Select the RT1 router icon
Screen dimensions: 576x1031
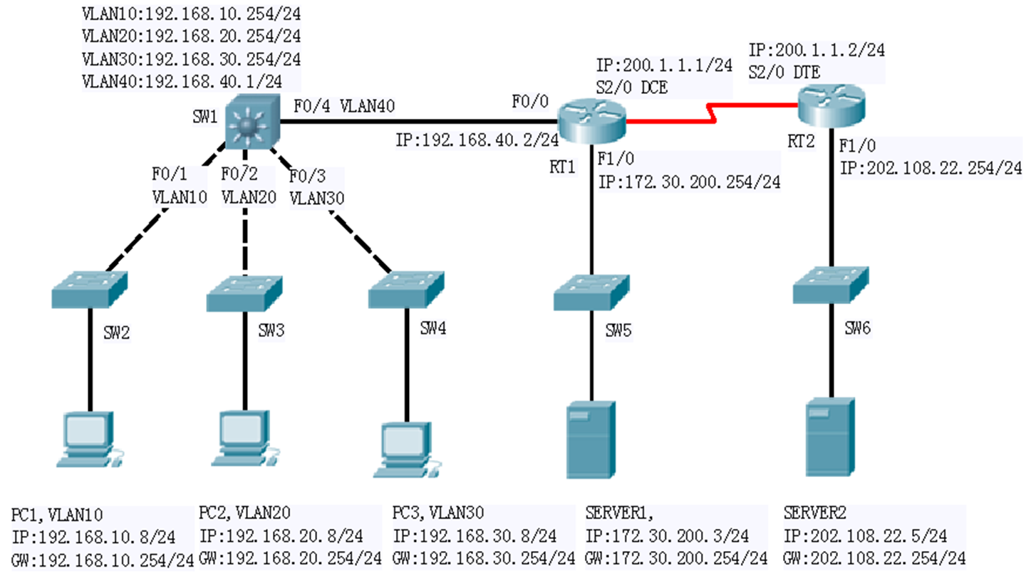(592, 118)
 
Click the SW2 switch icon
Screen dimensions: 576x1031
(90, 289)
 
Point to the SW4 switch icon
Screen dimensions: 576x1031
(406, 289)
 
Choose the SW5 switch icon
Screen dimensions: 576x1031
(591, 290)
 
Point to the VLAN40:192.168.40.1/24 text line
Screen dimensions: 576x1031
(191, 80)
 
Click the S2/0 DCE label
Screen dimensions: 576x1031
(631, 87)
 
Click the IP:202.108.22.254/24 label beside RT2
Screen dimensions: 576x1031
(931, 168)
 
